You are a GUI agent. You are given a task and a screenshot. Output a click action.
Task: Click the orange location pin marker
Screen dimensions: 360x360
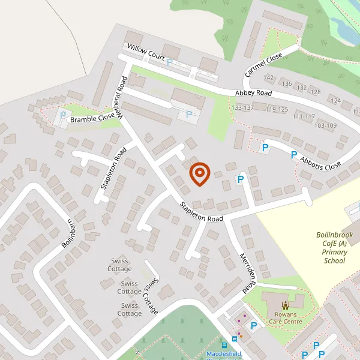coord(199,173)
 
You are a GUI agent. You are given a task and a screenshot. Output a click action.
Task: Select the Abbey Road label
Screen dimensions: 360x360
coord(253,93)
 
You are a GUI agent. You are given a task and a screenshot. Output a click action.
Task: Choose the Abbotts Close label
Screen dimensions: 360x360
coord(322,156)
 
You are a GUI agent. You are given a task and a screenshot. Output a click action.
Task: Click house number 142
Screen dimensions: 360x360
coord(268,78)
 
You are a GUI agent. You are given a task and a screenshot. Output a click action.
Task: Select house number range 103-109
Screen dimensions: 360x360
coord(325,125)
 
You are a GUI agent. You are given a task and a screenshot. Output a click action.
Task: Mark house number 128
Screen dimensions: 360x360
coord(316,92)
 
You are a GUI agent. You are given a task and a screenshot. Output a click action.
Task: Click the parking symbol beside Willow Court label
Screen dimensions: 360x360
coord(170,62)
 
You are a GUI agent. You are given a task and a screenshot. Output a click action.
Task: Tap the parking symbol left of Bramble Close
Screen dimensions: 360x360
coord(62,115)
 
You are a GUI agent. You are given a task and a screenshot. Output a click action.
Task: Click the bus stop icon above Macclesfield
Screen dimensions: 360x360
coord(224,345)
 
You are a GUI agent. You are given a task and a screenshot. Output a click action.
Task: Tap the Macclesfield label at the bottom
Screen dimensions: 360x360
coord(224,354)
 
